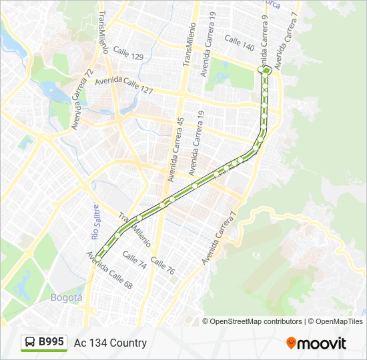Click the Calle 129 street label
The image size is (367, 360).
128,53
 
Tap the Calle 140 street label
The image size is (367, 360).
240,43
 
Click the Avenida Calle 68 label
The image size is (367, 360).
109,269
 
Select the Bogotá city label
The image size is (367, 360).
66,297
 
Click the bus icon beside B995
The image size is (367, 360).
30,343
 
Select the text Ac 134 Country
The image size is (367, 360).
110,343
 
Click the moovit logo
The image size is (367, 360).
316,343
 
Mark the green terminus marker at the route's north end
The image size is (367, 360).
266,69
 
